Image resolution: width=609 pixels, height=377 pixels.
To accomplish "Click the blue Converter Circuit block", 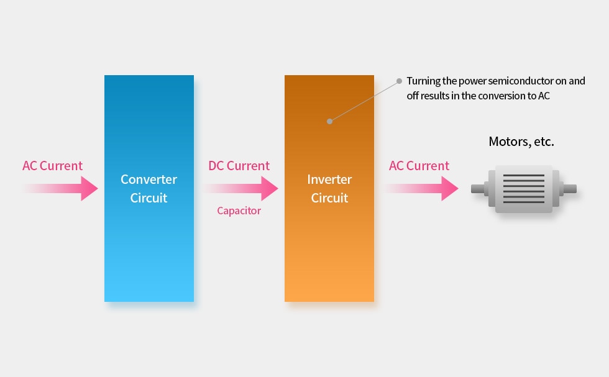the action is tap(149, 188).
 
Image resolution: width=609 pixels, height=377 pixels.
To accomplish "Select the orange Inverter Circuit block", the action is tap(329, 188).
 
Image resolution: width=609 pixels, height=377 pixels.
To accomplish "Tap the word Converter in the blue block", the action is tap(149, 179).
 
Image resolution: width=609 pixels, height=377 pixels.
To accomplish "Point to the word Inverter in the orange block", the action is tap(329, 179).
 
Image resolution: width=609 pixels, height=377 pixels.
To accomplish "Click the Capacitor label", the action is tap(239, 211).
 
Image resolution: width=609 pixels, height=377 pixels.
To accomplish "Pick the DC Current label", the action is tap(239, 166).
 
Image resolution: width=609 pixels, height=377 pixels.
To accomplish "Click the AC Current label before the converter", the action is tap(52, 166).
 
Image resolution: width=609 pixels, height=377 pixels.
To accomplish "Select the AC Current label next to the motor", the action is tap(419, 166).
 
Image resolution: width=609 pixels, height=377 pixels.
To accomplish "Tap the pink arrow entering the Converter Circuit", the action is tap(60, 188).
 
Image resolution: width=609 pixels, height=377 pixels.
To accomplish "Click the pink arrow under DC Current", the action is tap(241, 188).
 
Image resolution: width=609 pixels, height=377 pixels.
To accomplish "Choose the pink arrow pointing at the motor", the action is tap(421, 188).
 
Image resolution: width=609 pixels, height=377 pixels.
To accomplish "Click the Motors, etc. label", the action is tap(521, 142).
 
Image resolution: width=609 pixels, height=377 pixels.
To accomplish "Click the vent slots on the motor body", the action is tap(523, 189).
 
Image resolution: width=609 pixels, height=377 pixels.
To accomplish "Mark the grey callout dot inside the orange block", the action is tap(329, 122).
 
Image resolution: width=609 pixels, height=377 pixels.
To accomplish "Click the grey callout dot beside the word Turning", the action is tap(399, 81).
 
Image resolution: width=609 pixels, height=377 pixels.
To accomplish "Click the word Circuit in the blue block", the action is tap(149, 198).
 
